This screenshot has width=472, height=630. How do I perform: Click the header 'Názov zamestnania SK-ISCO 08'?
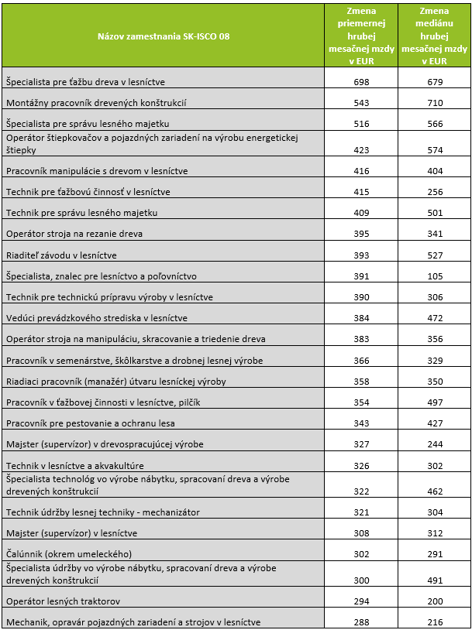[164, 36]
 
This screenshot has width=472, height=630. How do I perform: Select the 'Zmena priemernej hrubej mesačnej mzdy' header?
[360, 36]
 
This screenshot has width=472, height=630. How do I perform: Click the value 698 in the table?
[360, 81]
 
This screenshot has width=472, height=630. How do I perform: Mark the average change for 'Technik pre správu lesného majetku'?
[360, 212]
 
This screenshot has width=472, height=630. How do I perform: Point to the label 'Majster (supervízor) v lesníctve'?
[71, 532]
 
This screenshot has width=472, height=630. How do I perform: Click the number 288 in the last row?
[360, 621]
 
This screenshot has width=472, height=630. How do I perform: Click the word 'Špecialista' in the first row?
[28, 81]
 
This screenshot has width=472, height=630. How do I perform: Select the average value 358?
[360, 361]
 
